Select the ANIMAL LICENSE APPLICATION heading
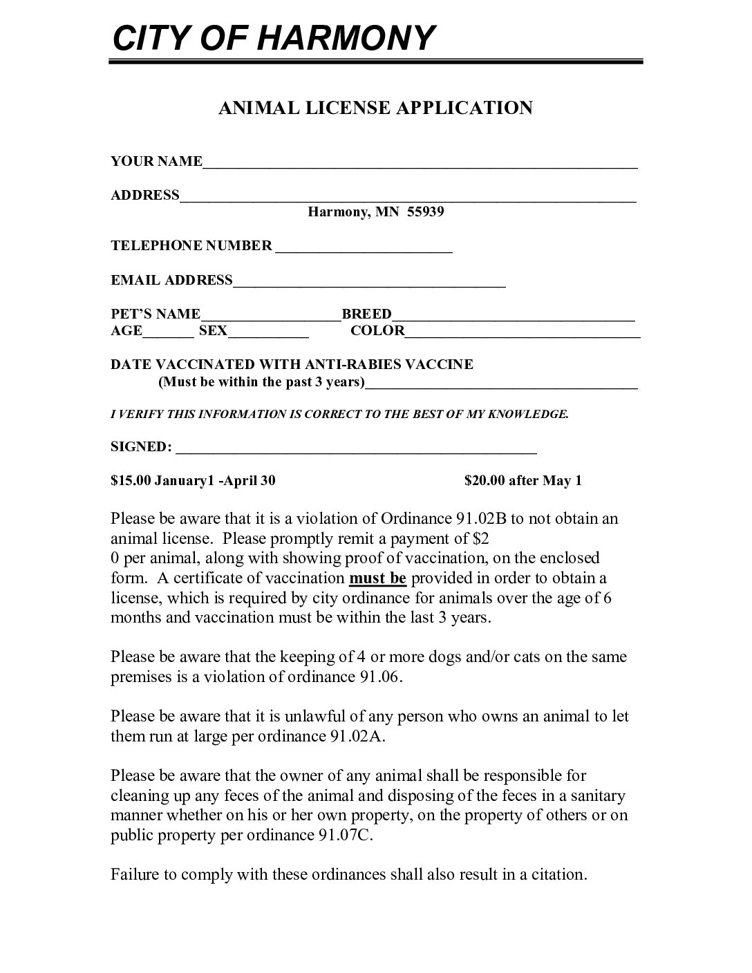point(375,108)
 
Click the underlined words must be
point(379,578)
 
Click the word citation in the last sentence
point(558,874)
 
